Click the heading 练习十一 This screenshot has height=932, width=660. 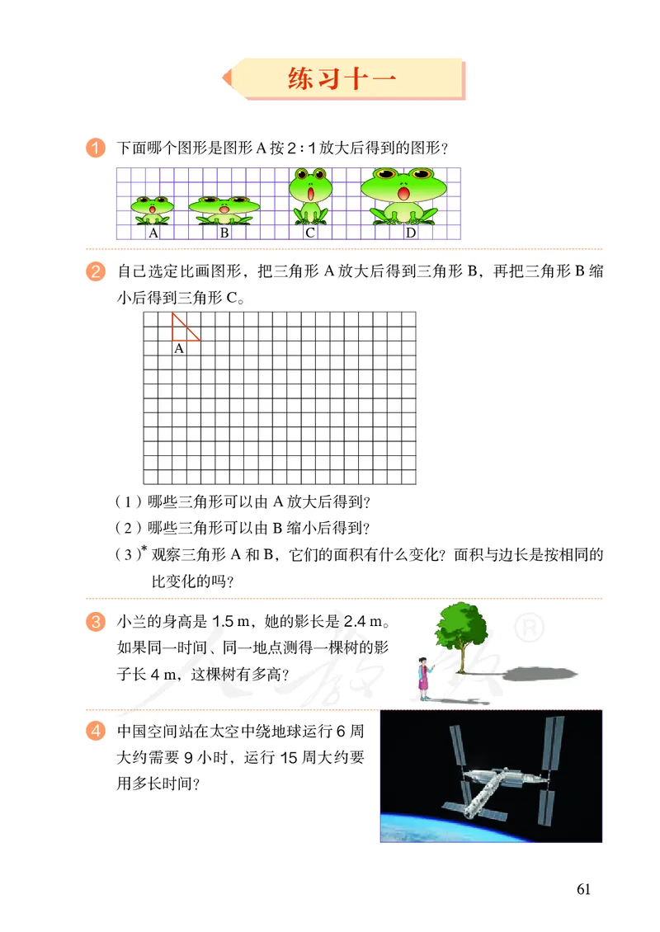click(342, 79)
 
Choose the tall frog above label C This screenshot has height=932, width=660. click(310, 196)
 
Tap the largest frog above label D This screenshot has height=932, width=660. click(404, 195)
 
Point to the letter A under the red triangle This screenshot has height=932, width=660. click(179, 349)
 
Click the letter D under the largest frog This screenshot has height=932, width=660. click(410, 233)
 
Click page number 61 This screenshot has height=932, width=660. click(584, 889)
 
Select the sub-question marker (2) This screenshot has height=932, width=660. click(130, 528)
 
